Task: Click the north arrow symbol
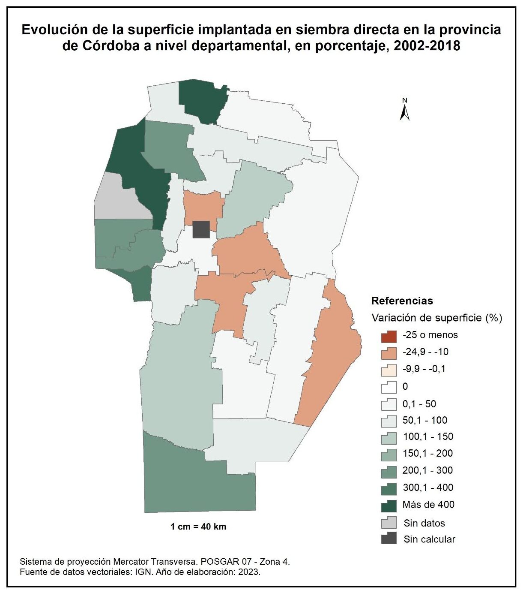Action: pos(404,110)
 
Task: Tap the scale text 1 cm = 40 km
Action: pos(198,527)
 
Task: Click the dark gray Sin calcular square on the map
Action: pos(201,229)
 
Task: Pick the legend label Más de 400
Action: pos(428,505)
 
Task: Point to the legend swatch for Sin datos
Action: pos(389,523)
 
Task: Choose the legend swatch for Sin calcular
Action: pos(389,539)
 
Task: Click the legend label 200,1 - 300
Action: pos(427,470)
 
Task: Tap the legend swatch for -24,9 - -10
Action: pos(389,353)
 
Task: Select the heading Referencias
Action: pos(402,301)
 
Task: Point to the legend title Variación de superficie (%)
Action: pos(436,318)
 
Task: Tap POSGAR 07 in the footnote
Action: pos(224,562)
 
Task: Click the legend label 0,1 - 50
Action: pos(419,403)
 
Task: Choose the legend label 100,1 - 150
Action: pos(427,436)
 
